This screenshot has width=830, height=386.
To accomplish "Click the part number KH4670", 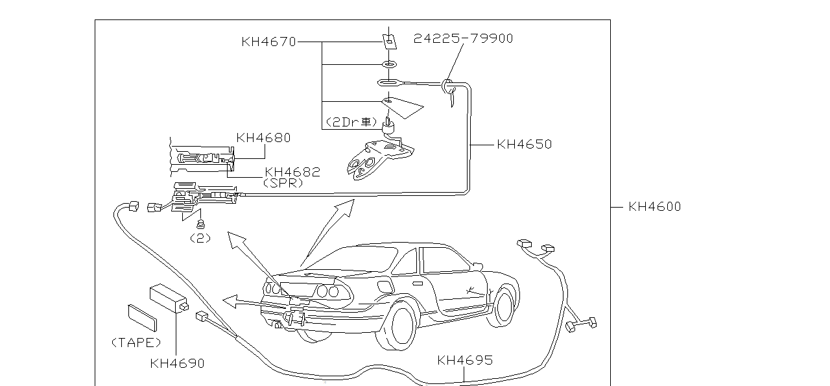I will coord(268,42).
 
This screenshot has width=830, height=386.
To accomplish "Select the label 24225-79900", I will coord(463,39).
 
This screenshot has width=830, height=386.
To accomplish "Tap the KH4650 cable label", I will coord(524,145).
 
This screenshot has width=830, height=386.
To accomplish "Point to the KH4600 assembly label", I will coord(654,207).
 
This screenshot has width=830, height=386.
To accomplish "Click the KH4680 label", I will coord(263,138).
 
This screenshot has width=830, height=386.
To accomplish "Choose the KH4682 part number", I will coord(292,173).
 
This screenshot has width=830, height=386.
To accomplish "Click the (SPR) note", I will coord(283,184).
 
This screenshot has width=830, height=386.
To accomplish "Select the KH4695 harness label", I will coord(465,360).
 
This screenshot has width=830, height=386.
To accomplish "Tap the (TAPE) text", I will coord(136,343).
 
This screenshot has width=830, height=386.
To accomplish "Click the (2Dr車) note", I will coord(351,122).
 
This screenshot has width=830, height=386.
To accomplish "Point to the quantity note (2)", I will coord(200,238).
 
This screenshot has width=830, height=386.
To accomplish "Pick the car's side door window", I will coord(444,261).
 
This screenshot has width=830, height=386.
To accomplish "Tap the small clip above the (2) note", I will coord(200,225).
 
